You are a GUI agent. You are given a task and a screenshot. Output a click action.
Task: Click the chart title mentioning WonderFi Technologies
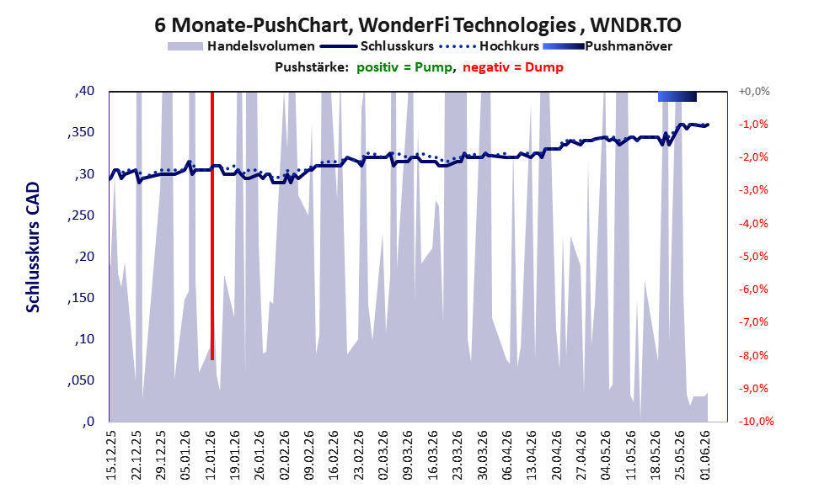pyautogui.click(x=418, y=24)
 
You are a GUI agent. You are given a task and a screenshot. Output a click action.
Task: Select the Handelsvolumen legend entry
pyautogui.click(x=241, y=46)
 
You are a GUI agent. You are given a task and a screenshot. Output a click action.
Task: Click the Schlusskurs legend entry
pyautogui.click(x=377, y=46)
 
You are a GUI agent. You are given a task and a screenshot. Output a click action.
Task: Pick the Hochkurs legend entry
pyautogui.click(x=489, y=46)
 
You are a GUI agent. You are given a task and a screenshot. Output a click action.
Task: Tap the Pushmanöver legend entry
pyautogui.click(x=607, y=46)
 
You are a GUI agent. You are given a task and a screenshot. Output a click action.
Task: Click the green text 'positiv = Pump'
pyautogui.click(x=404, y=67)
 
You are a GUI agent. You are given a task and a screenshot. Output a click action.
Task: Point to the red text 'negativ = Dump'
pyautogui.click(x=513, y=67)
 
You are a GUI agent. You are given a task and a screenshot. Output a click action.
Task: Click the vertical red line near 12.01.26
pyautogui.click(x=212, y=226)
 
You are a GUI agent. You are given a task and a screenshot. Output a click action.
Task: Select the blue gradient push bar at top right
pyautogui.click(x=677, y=96)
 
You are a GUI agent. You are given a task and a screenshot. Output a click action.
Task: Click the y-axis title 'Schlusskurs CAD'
pyautogui.click(x=33, y=247)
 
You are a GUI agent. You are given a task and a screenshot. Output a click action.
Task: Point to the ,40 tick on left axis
pyautogui.click(x=84, y=91)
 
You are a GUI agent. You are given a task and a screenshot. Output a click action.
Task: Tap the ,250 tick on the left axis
pyautogui.click(x=81, y=215)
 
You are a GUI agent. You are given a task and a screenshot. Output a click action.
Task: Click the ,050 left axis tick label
pyautogui.click(x=81, y=380)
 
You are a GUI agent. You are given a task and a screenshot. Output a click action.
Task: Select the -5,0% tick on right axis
pyautogui.click(x=753, y=257)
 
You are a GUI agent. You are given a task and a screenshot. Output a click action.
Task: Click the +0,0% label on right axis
pyautogui.click(x=754, y=92)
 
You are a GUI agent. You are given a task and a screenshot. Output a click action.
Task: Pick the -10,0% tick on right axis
pyautogui.click(x=756, y=421)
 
